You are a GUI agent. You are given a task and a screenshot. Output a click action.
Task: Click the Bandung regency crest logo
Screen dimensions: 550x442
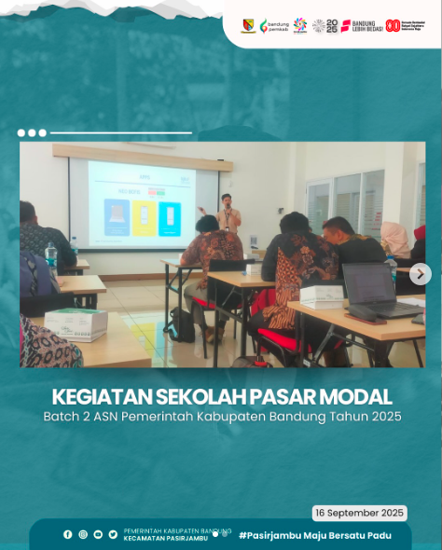[x=248, y=25]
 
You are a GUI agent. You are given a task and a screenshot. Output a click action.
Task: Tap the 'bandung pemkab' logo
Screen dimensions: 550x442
[x=274, y=25]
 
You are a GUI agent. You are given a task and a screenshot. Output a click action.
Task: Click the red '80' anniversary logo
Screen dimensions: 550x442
[x=393, y=25]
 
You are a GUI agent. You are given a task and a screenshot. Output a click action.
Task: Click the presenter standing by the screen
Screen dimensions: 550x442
[x=227, y=215]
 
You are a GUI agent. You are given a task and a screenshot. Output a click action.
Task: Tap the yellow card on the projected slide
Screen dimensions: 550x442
[x=143, y=218]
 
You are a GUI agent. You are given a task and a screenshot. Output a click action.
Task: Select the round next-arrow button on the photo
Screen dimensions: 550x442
[x=420, y=274]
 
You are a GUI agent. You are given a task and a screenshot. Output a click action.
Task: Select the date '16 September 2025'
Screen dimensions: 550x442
[x=359, y=513]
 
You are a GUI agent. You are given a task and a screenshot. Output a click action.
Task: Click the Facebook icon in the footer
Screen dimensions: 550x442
[x=67, y=534]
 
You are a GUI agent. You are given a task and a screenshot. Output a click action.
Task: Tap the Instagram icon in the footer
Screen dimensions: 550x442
[x=82, y=534]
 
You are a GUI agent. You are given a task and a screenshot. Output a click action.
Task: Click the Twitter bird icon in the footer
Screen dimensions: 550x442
[x=113, y=534]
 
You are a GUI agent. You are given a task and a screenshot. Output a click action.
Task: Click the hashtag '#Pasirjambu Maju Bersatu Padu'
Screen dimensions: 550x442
[x=314, y=535]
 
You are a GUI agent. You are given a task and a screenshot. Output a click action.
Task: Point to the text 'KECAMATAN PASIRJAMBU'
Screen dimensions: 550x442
[x=165, y=539]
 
